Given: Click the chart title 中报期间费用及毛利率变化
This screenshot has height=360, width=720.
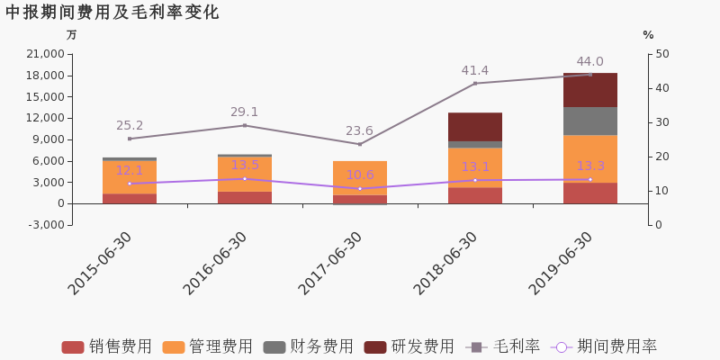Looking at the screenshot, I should point(112,13).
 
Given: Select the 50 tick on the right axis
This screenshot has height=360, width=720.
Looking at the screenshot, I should point(661,54).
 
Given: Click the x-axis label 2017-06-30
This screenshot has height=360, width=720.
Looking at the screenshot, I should point(329,263).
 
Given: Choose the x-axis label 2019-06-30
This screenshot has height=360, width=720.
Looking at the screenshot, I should point(560,263).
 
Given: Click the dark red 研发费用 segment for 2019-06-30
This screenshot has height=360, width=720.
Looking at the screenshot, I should point(590,90).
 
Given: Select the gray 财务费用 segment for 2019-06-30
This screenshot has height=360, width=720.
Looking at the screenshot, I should point(590,121).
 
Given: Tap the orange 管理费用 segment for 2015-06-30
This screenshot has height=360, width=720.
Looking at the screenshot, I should point(130,177).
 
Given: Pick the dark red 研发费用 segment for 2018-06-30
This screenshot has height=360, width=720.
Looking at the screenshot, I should point(475,127).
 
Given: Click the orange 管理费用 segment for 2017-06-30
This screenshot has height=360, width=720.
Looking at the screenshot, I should point(360,178).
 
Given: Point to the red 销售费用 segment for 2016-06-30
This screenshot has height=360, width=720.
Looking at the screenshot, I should point(245,197).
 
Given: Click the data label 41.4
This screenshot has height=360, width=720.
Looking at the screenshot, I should point(475,71).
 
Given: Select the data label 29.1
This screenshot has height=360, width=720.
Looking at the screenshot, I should point(245,112).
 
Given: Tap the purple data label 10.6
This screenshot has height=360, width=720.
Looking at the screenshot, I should point(360,175).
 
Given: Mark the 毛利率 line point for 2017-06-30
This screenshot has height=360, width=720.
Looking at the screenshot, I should point(360,144).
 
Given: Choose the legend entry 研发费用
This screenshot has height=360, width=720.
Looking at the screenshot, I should point(409,347).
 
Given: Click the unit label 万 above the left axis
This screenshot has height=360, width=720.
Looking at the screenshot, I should point(72,35).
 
